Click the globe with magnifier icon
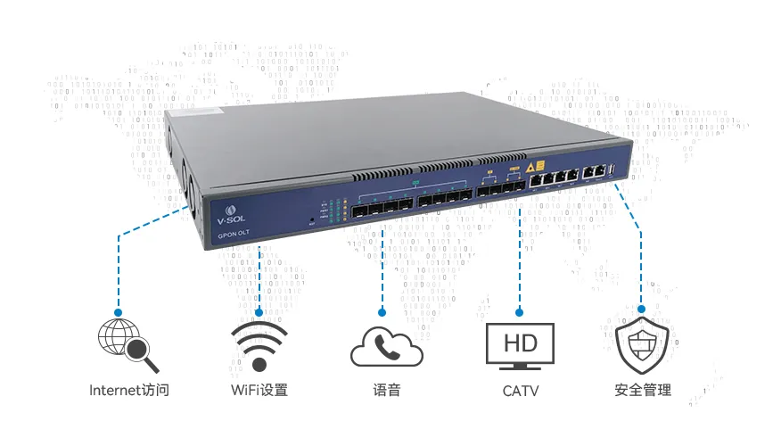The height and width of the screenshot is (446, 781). [x=127, y=343]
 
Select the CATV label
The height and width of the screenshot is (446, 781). [x=520, y=390]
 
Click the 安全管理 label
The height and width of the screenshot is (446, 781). [x=642, y=390]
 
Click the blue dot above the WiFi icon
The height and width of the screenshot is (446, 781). [x=259, y=312]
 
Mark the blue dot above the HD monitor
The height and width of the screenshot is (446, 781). [x=519, y=312]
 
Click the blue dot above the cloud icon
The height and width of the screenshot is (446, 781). [x=382, y=312]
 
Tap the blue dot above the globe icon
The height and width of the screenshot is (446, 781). [x=119, y=312]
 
